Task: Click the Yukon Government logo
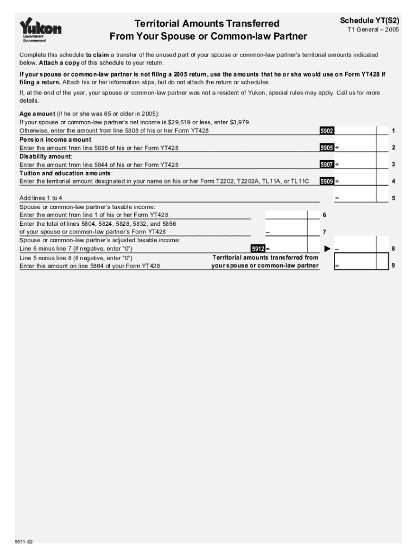click(x=40, y=30)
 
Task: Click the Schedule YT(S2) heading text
click(x=369, y=21)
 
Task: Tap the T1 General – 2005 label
click(x=373, y=30)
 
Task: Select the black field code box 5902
click(x=327, y=131)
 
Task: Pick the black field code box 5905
click(x=327, y=148)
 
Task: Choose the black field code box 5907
click(x=327, y=165)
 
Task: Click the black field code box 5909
click(x=327, y=181)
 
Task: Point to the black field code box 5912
click(x=258, y=249)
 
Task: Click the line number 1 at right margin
click(x=393, y=131)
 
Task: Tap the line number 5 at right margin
click(x=393, y=198)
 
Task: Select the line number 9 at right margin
click(x=393, y=266)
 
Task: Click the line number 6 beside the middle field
click(x=324, y=215)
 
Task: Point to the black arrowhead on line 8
click(x=327, y=249)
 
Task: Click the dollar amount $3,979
click(x=239, y=122)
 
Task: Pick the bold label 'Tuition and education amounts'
click(x=66, y=173)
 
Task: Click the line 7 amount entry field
click(x=286, y=232)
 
